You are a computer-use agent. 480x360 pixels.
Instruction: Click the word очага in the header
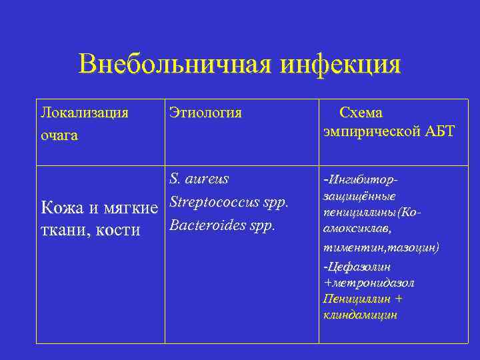(x=59, y=135)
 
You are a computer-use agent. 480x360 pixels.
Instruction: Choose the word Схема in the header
(x=361, y=113)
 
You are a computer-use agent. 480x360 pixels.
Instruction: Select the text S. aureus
(x=199, y=179)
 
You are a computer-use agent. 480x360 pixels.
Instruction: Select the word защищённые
(x=359, y=196)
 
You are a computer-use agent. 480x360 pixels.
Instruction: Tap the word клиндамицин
(x=360, y=315)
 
